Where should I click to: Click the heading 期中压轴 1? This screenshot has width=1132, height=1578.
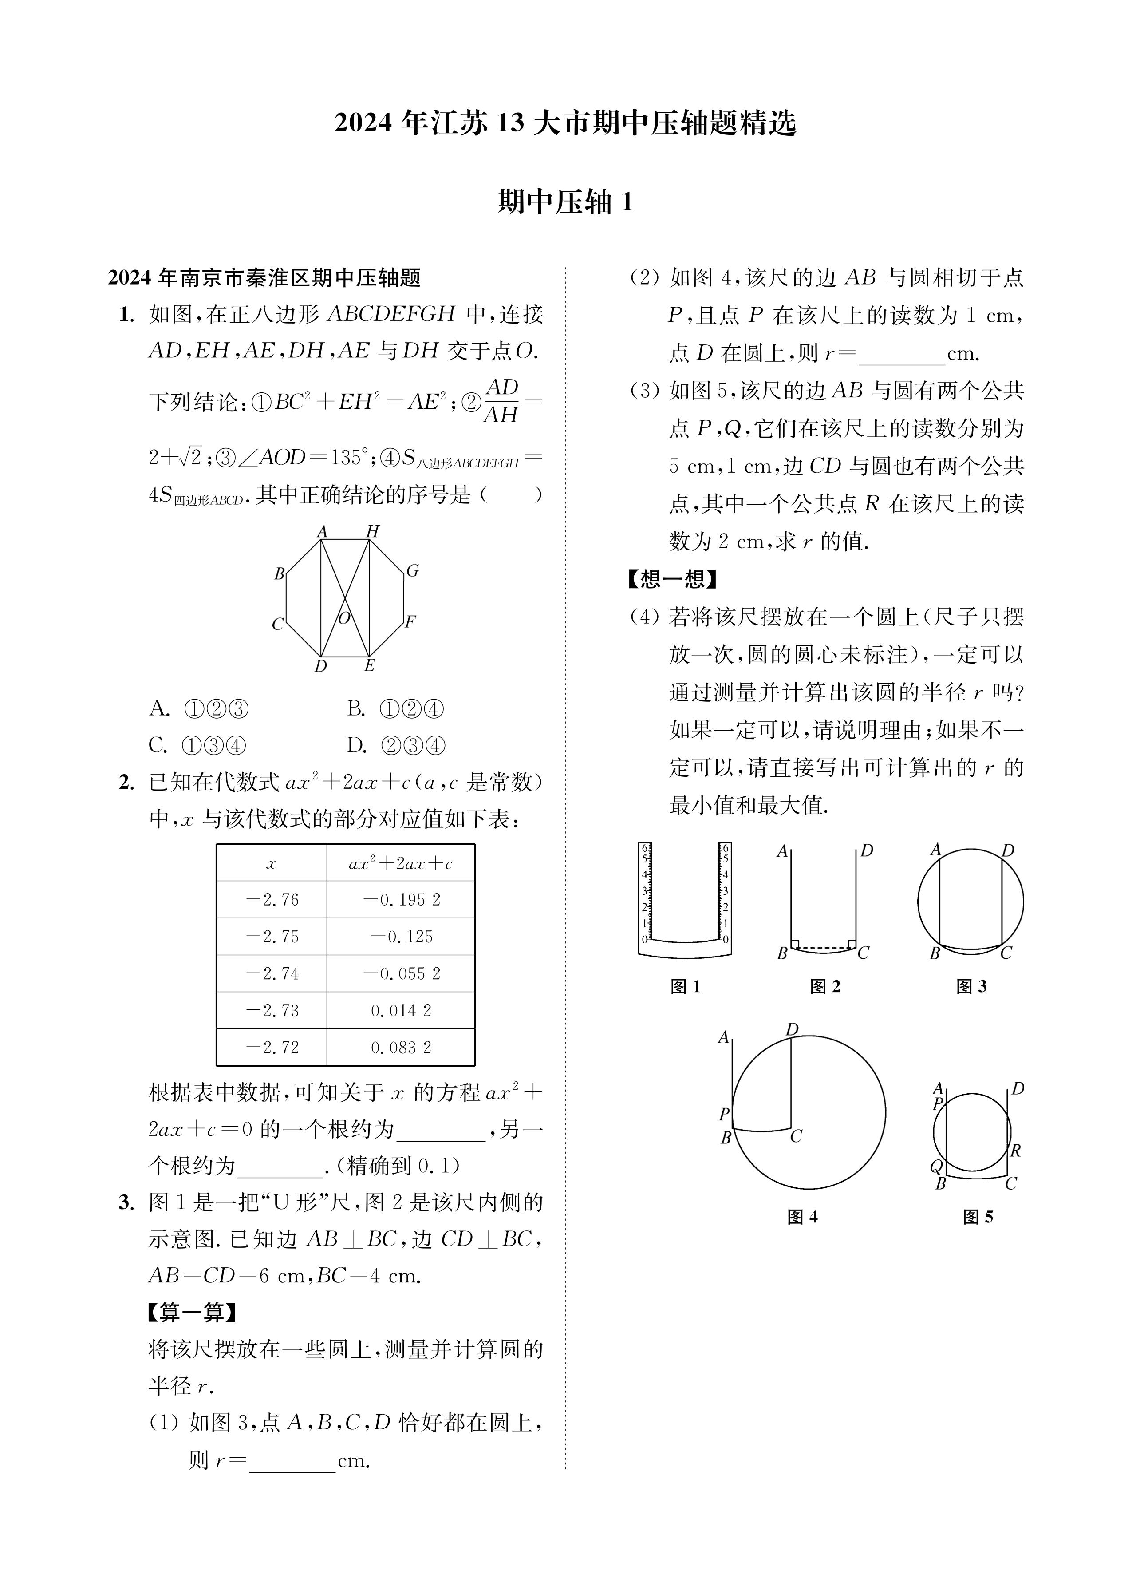point(565,202)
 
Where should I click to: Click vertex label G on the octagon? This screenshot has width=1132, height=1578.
point(413,571)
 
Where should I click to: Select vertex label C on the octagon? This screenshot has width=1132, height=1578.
point(278,624)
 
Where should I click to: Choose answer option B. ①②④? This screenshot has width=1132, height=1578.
point(395,709)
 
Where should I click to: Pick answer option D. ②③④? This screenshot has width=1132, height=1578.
point(395,746)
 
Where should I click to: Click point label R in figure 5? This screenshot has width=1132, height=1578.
point(1015,1151)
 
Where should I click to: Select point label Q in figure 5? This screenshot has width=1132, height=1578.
point(936,1166)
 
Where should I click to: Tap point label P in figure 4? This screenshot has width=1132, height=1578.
point(724,1114)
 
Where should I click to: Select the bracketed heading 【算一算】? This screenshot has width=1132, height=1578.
point(193,1313)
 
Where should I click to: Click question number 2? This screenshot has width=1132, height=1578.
point(126,783)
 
